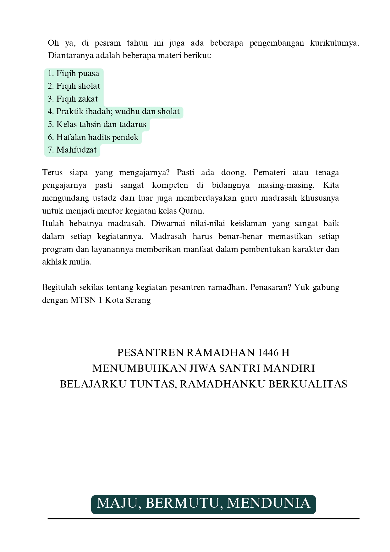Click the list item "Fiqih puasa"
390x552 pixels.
coord(74,74)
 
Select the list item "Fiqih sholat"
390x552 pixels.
coord(74,86)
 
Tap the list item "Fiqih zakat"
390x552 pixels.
coord(73,99)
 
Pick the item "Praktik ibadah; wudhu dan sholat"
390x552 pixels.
coord(114,112)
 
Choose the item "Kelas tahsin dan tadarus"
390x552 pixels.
coord(97,125)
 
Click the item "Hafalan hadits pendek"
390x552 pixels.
coord(93,137)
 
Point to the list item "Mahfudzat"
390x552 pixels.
coord(72,150)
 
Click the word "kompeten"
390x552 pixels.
coord(170,185)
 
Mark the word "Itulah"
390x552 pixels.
coord(53,224)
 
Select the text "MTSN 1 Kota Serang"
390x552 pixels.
coord(111,300)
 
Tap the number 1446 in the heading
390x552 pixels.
coord(268,353)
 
